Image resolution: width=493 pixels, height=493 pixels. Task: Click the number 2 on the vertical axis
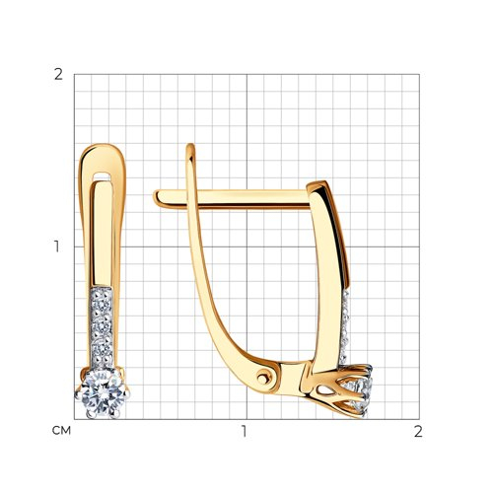58,75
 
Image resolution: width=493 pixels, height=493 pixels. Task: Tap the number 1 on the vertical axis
57,246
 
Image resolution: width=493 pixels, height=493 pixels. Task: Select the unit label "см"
61,431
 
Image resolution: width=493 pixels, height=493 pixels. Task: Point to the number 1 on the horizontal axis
244,432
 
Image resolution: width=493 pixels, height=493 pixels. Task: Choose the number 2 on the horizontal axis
418,432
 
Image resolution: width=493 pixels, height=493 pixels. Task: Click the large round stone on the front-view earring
103,393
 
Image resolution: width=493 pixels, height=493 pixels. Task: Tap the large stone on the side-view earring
360,392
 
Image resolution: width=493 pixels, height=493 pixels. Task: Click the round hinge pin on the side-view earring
262,379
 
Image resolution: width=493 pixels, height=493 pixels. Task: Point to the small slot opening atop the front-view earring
103,176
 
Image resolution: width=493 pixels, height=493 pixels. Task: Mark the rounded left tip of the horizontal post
156,198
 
